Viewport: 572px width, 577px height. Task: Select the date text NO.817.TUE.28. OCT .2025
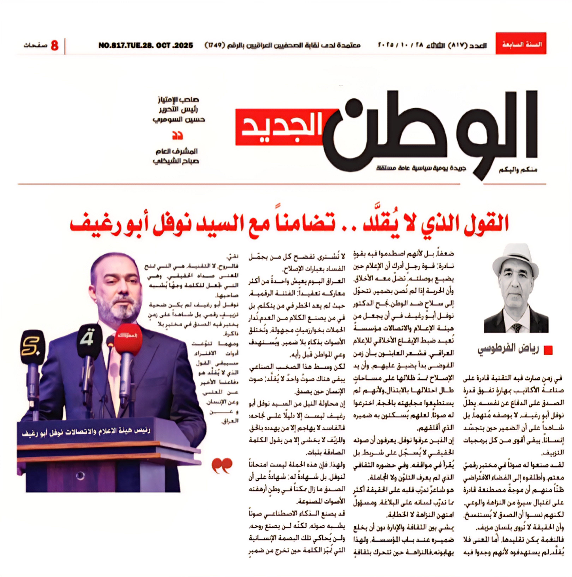[146, 45]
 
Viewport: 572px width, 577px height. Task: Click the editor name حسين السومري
[179, 120]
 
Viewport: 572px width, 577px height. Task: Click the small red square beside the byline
[548, 350]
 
